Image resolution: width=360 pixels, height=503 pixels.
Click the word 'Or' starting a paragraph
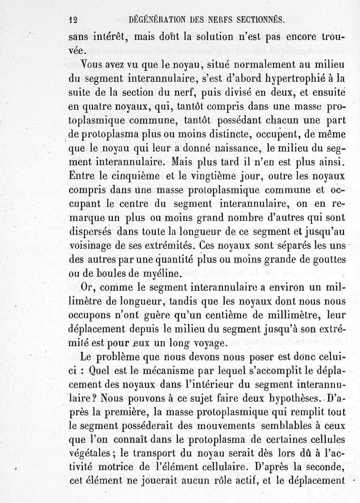tap(87, 287)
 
